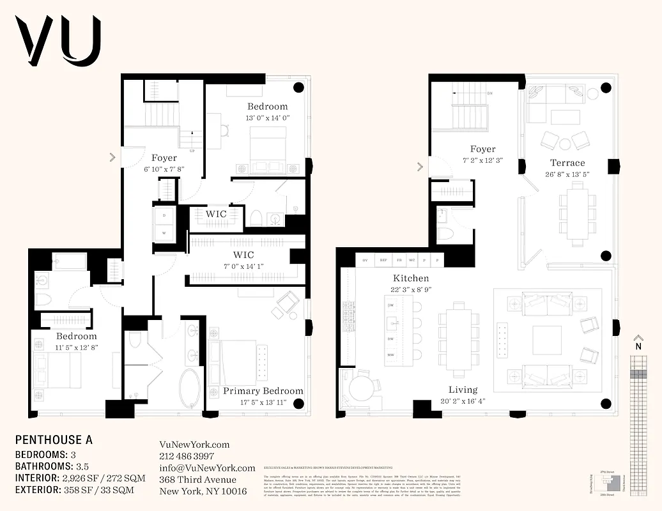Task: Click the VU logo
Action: (58, 41)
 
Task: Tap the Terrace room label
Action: (567, 163)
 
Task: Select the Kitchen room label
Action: (411, 278)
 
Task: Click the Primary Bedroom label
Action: (263, 391)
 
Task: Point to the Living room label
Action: (463, 390)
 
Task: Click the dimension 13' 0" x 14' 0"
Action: (268, 118)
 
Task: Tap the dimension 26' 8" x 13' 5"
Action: (567, 174)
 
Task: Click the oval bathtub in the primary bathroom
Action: (190, 387)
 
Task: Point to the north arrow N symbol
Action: (637, 346)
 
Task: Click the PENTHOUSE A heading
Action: (54, 440)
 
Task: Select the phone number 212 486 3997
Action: (186, 456)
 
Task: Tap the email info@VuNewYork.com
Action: (206, 468)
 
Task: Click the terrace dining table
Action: (578, 213)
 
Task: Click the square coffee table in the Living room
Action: (546, 340)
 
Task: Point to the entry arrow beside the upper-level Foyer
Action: (420, 167)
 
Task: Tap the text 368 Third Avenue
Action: (197, 480)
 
